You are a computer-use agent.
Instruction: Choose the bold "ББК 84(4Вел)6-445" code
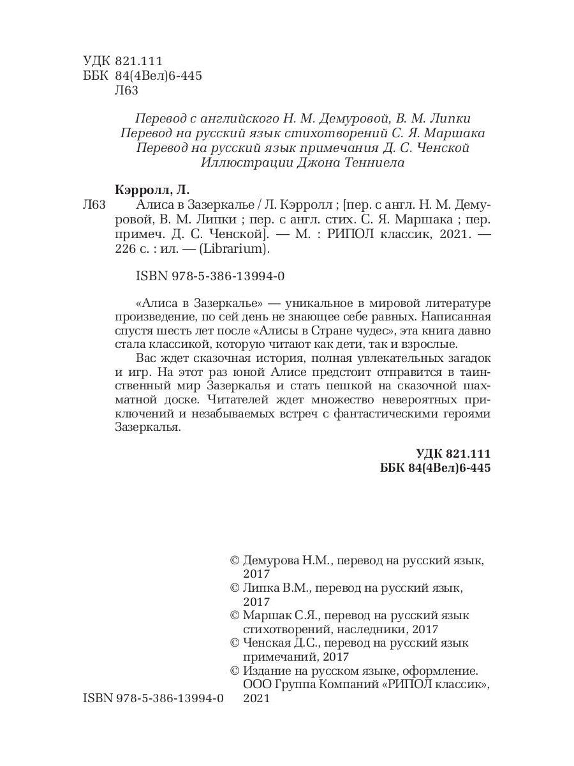(435, 468)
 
